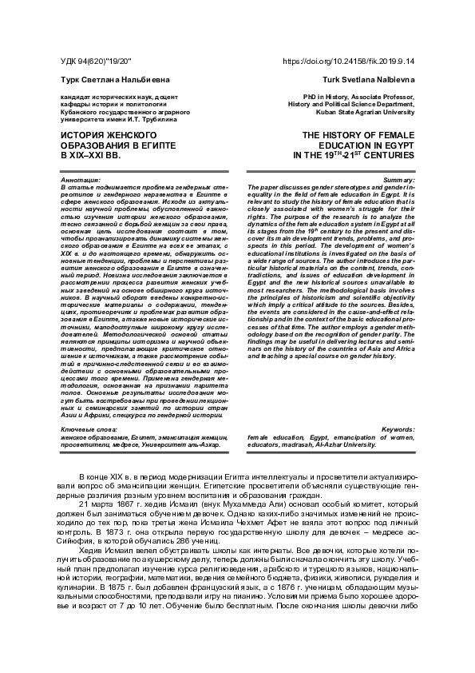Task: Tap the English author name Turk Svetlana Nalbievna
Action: [371, 81]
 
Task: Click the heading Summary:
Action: [398, 181]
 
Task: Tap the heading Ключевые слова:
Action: [87, 430]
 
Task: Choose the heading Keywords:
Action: [396, 430]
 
